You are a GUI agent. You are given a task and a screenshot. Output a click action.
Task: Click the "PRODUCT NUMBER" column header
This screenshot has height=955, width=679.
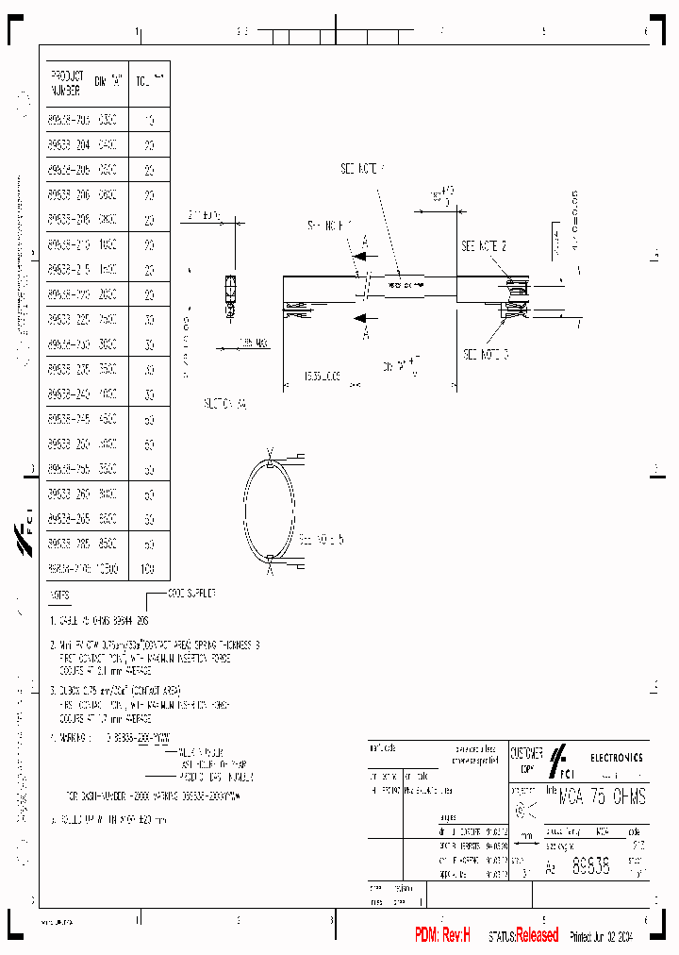coord(65,83)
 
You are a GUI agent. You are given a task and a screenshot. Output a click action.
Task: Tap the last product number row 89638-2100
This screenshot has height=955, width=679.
coord(66,569)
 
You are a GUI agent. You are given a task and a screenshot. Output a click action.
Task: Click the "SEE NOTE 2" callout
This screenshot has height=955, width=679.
coord(484,245)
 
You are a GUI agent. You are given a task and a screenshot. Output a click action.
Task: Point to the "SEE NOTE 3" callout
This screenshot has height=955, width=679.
coord(486,354)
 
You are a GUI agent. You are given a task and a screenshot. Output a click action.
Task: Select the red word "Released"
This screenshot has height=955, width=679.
coord(537,935)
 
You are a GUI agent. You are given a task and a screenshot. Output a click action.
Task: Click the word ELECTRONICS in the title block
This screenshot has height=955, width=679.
coord(618,757)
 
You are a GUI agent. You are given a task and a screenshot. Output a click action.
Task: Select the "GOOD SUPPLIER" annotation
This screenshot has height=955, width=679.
coord(192,593)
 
